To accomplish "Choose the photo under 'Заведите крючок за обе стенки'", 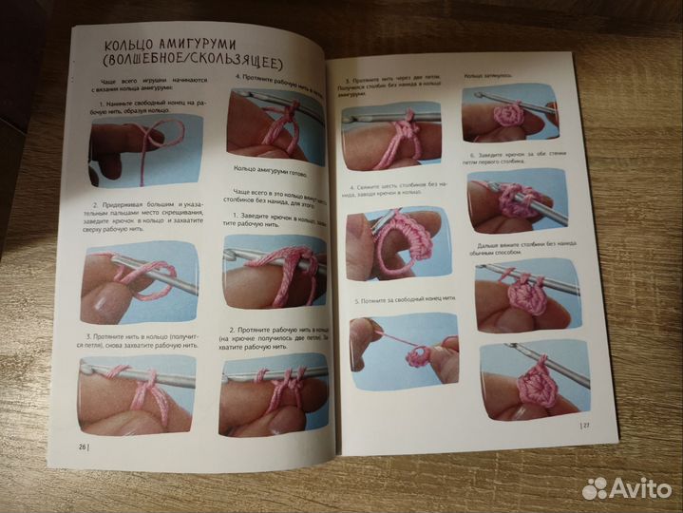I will [517, 203].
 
